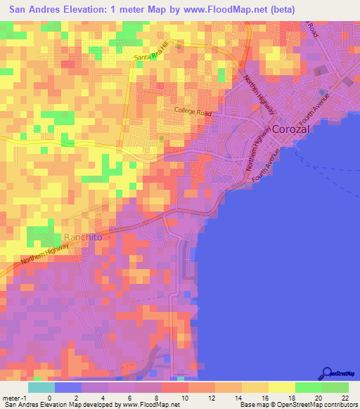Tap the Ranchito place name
click(83, 238)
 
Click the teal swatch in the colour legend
click(41, 387)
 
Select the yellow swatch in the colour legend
click(282, 387)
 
